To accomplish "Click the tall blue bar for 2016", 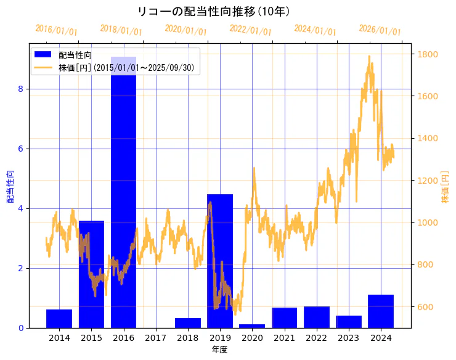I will (x=123, y=191).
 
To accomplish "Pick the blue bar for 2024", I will (x=381, y=311).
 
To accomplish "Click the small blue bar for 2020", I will (x=252, y=325).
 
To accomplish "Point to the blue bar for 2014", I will (x=59, y=319).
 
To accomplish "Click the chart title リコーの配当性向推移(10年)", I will (x=214, y=12).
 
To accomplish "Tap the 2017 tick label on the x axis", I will (x=155, y=338).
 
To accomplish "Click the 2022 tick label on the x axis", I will (x=316, y=338).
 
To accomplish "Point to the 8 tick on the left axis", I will (x=20, y=89).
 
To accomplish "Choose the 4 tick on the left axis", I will (x=20, y=208).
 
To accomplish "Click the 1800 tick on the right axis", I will (x=427, y=54).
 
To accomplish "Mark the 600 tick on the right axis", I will (x=425, y=307).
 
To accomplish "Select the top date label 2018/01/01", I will (x=121, y=30).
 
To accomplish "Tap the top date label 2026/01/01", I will (x=380, y=30).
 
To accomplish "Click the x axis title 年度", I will (x=220, y=350).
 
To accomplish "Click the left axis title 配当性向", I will (x=10, y=187).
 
